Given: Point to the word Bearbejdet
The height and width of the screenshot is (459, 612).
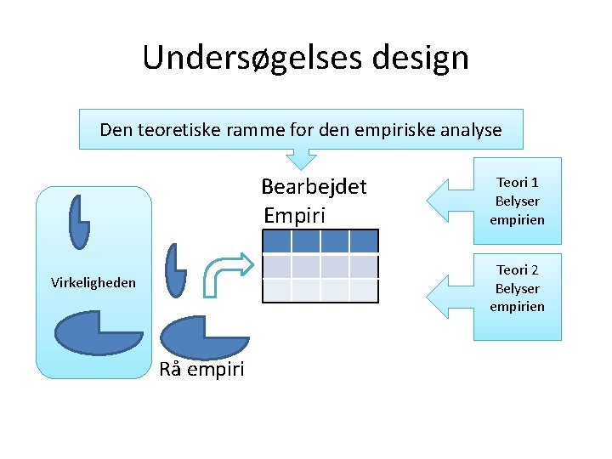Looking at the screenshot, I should [314, 186].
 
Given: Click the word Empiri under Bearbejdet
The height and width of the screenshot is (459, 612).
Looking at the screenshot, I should [294, 215].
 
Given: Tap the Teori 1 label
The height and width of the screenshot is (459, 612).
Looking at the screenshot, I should [518, 183].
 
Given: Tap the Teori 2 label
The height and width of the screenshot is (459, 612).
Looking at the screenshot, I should [518, 270].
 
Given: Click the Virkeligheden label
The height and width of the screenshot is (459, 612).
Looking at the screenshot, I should [93, 282].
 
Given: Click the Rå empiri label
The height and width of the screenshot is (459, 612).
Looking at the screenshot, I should [201, 369].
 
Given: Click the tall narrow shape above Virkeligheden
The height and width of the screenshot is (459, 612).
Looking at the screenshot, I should [79, 222].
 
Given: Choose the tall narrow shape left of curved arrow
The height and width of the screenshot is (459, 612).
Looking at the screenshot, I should [175, 270].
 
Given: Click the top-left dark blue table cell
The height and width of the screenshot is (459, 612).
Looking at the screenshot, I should [277, 241].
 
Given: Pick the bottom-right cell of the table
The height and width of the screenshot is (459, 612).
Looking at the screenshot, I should [364, 291].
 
